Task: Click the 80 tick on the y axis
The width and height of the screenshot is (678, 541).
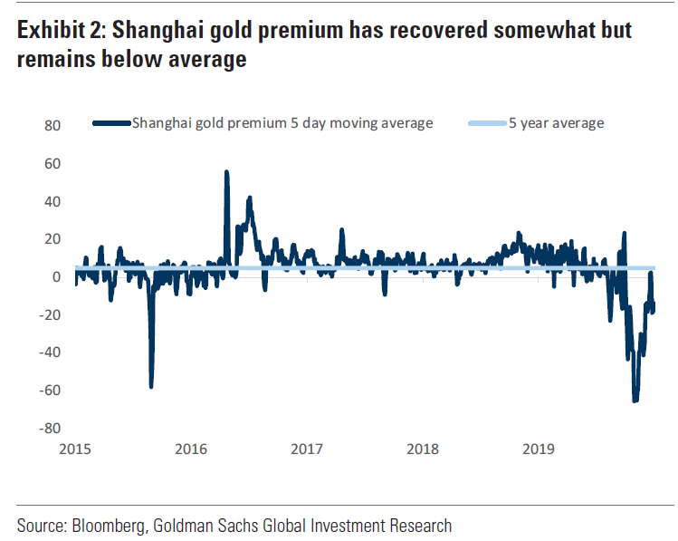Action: click(52, 125)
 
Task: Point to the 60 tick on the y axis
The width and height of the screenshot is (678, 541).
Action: click(52, 163)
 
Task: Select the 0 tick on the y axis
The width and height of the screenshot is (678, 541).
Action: click(55, 276)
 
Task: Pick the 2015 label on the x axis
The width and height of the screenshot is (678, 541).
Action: click(76, 448)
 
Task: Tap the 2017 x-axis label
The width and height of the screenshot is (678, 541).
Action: click(308, 448)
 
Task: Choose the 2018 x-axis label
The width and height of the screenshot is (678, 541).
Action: click(424, 448)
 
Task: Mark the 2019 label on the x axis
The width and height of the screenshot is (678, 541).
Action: click(540, 448)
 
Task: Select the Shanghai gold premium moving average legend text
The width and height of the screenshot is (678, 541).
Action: click(282, 122)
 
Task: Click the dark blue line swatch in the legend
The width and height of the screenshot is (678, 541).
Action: click(111, 123)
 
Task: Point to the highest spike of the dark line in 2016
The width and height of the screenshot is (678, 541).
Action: click(226, 171)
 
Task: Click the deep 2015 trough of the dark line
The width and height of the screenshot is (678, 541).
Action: click(151, 387)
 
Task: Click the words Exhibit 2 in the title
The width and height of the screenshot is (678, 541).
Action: click(57, 32)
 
